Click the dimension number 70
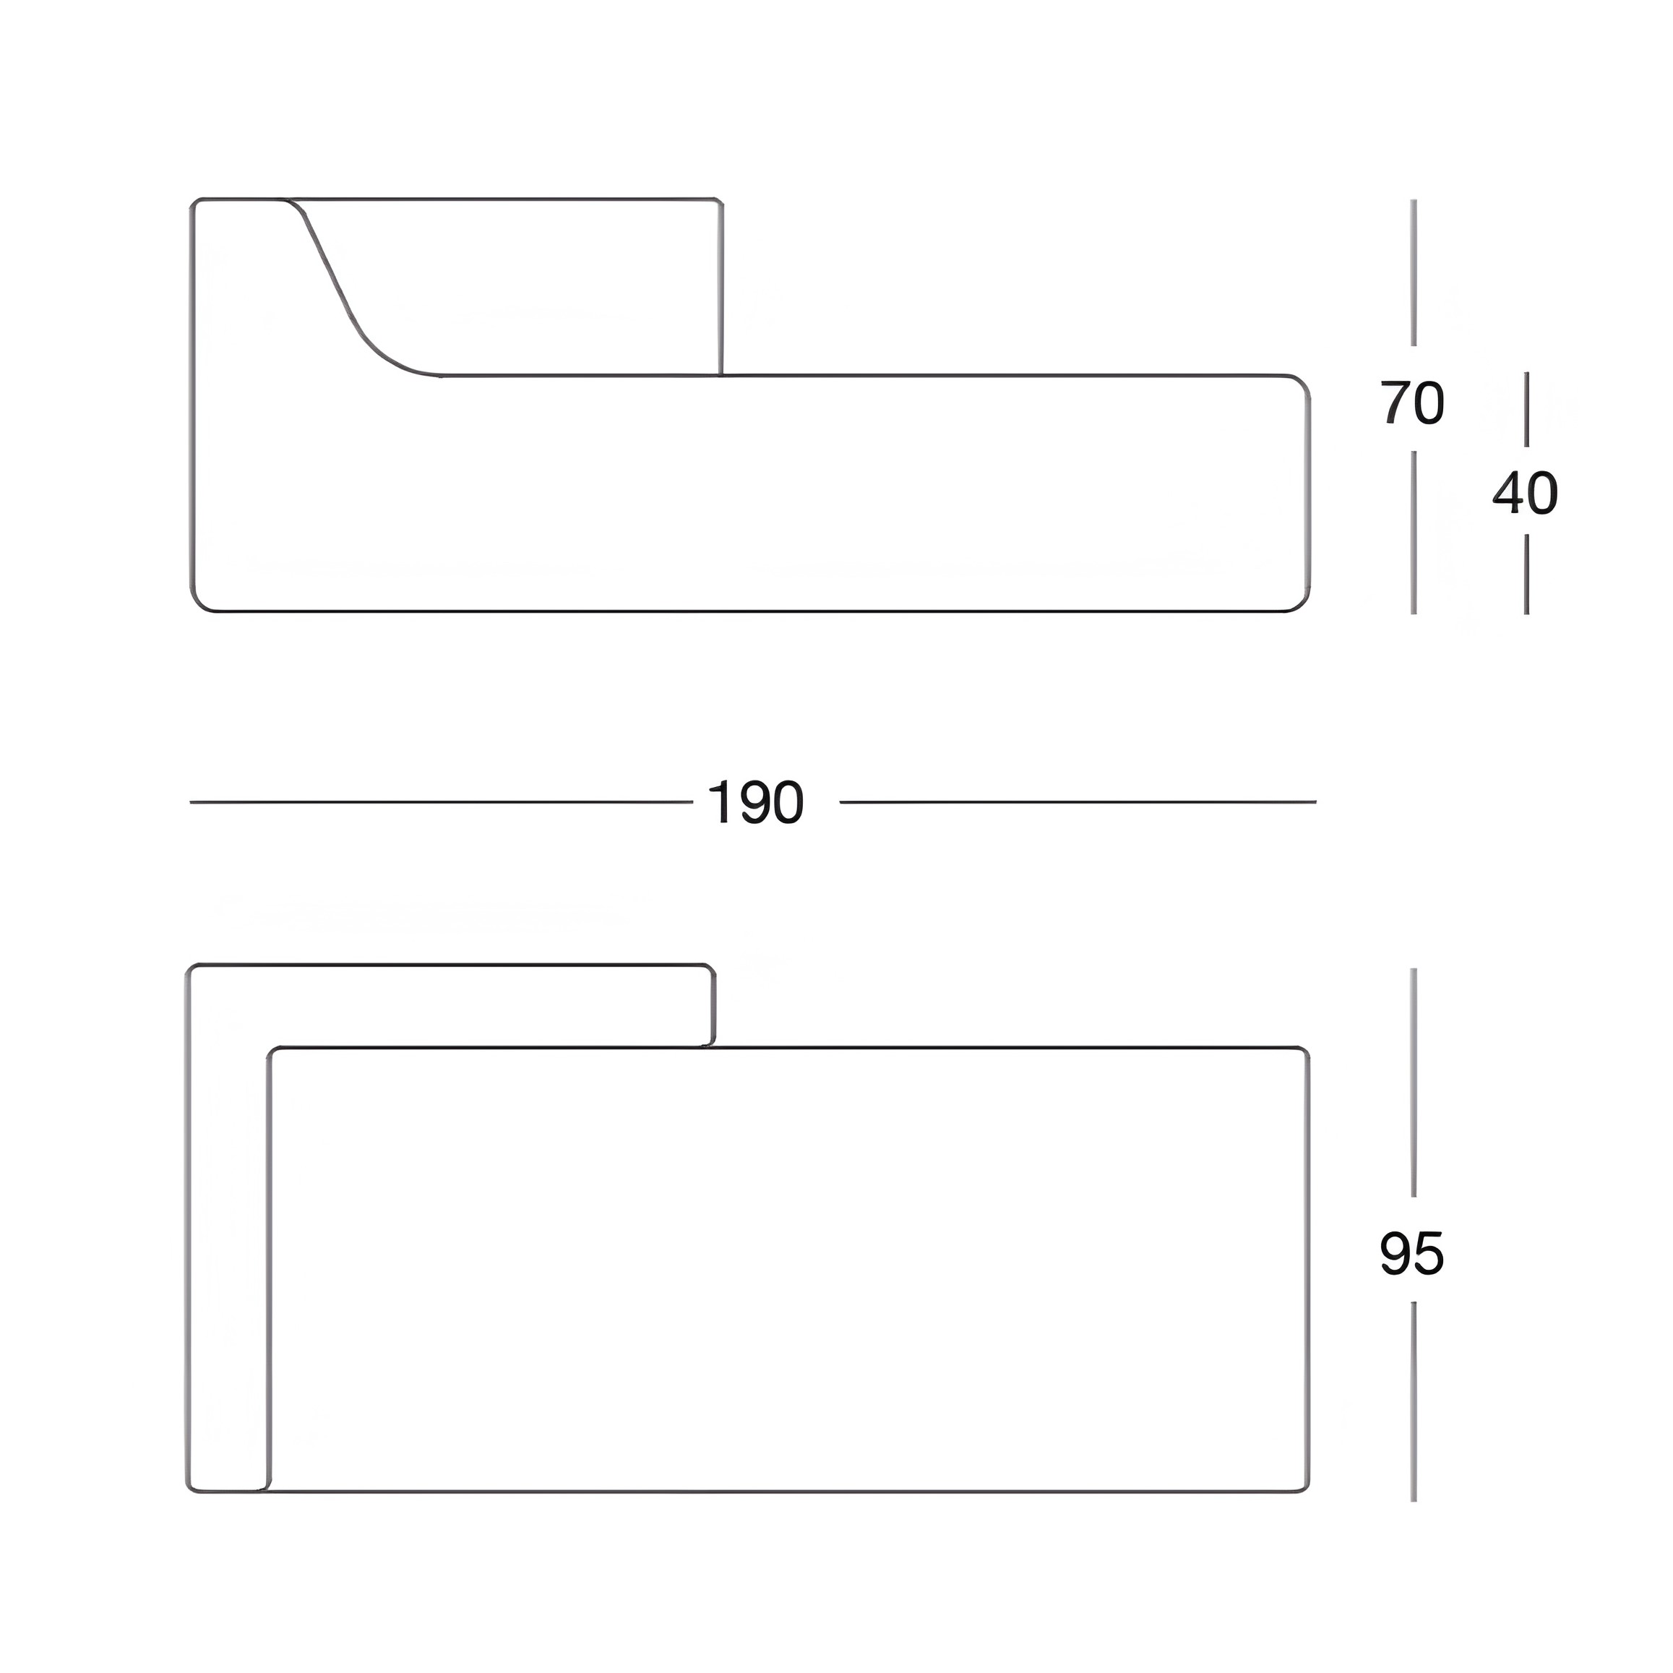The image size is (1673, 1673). (x=1411, y=403)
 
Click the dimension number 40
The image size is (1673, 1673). (x=1525, y=494)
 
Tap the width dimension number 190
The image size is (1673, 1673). (x=756, y=803)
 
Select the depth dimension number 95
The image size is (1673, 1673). (x=1411, y=1255)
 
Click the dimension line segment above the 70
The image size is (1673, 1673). (x=1414, y=272)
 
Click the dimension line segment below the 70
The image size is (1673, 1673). (x=1414, y=533)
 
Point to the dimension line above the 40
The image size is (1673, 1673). (x=1526, y=409)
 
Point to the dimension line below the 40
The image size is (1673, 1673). (x=1526, y=574)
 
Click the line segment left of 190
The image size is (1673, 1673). (x=442, y=803)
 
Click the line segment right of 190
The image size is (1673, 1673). (x=1078, y=803)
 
